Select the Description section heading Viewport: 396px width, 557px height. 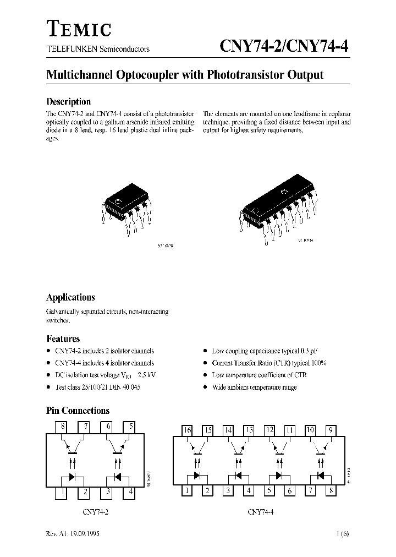click(x=68, y=101)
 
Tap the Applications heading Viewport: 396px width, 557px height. click(x=70, y=297)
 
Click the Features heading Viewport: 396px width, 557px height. click(x=63, y=338)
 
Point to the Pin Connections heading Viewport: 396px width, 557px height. click(x=78, y=411)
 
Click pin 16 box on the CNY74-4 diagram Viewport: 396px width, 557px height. click(x=187, y=430)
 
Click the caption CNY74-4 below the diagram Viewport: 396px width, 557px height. click(x=261, y=512)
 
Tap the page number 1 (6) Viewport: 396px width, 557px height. click(x=342, y=534)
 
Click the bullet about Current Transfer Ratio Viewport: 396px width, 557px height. click(x=269, y=363)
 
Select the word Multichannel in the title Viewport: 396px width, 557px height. click(x=79, y=75)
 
